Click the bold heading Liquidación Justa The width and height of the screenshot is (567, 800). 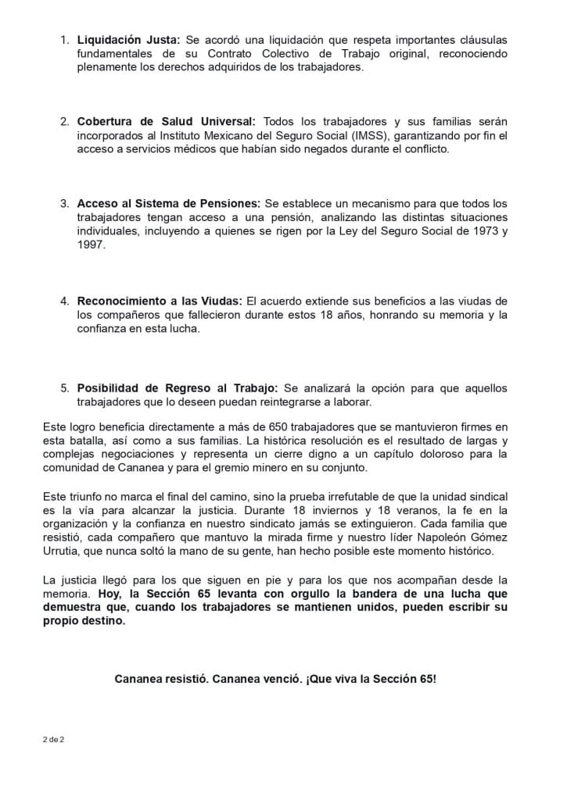coord(129,39)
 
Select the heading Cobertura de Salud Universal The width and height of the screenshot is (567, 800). coord(167,121)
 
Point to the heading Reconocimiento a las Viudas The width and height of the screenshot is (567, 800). coord(160,301)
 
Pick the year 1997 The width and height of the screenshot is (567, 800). coord(91,245)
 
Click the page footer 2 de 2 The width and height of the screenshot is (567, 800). coord(54,738)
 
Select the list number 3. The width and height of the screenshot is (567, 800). coord(65,203)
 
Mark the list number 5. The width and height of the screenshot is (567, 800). coord(65,388)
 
